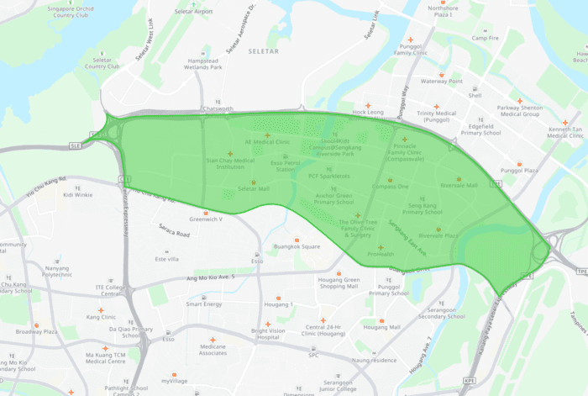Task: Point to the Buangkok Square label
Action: (297, 246)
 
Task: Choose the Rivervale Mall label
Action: (459, 185)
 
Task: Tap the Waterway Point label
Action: (442, 82)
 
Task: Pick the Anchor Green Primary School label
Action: (333, 198)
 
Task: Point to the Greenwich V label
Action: (205, 219)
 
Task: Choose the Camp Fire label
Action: (485, 38)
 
